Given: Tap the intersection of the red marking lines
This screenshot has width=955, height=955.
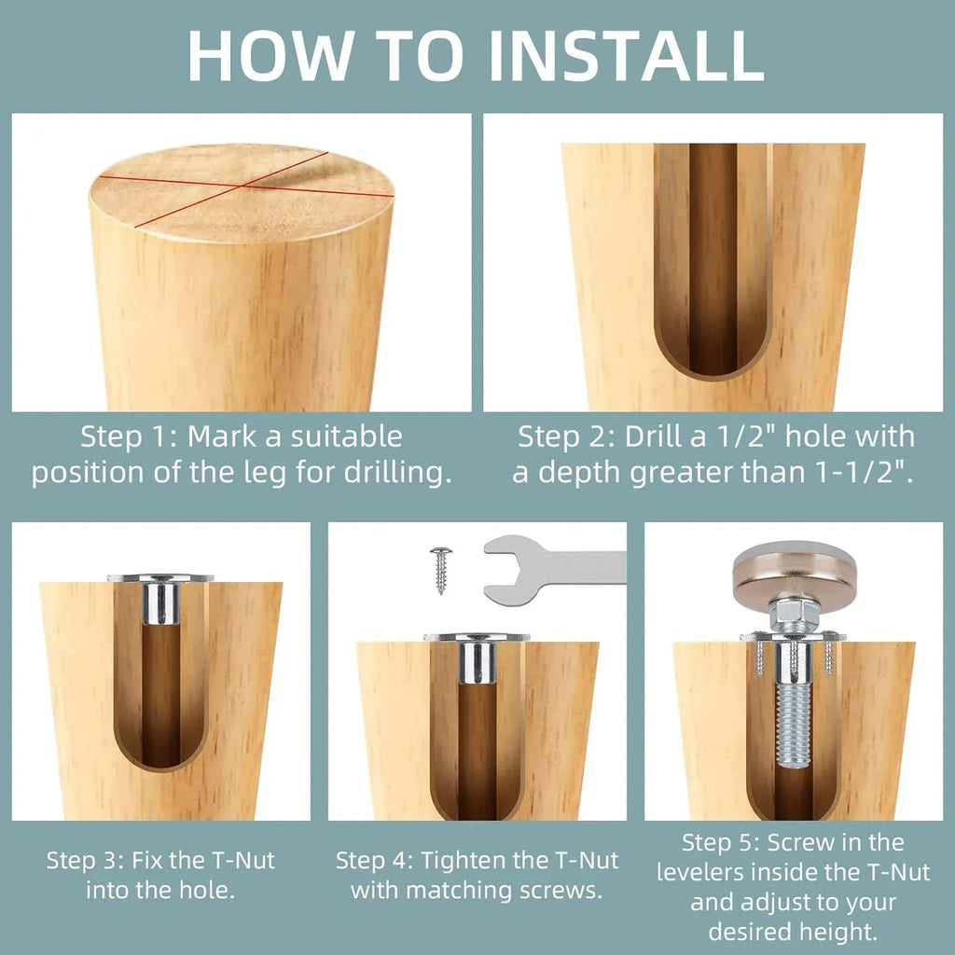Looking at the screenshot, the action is click(243, 184).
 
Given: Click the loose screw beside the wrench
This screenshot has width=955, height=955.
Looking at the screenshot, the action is click(440, 570).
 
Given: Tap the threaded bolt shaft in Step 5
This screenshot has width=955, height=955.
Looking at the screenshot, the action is click(794, 725).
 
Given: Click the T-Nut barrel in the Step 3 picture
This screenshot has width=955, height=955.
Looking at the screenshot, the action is click(160, 603).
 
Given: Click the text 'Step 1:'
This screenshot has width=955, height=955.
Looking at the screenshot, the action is click(129, 436).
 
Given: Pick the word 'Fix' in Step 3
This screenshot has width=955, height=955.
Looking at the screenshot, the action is click(146, 861).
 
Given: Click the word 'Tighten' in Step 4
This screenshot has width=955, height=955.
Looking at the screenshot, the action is click(464, 861).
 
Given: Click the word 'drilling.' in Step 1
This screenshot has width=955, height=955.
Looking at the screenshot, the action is click(397, 473).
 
